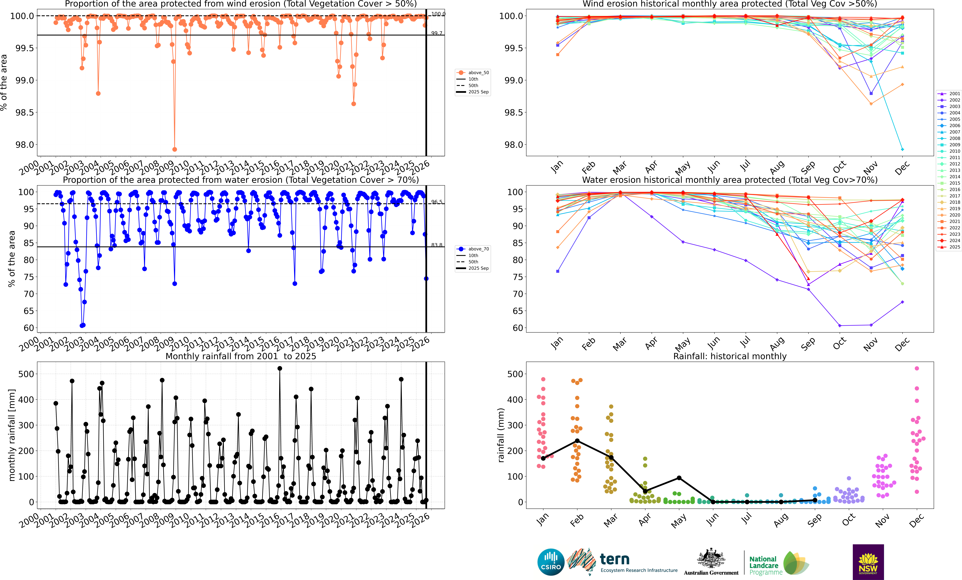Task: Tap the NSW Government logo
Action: (868, 562)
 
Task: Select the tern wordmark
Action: (615, 559)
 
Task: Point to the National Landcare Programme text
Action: (765, 566)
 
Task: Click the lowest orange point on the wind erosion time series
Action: (175, 149)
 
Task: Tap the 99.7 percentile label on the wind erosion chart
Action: (436, 33)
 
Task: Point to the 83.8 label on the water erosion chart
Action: (436, 245)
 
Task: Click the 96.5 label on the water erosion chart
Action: (436, 202)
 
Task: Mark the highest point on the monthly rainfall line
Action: (280, 368)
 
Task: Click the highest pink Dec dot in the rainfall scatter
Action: (917, 368)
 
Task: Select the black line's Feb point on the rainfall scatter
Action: (577, 441)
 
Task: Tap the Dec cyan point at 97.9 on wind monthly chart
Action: (902, 149)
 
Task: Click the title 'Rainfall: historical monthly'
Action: (730, 356)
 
